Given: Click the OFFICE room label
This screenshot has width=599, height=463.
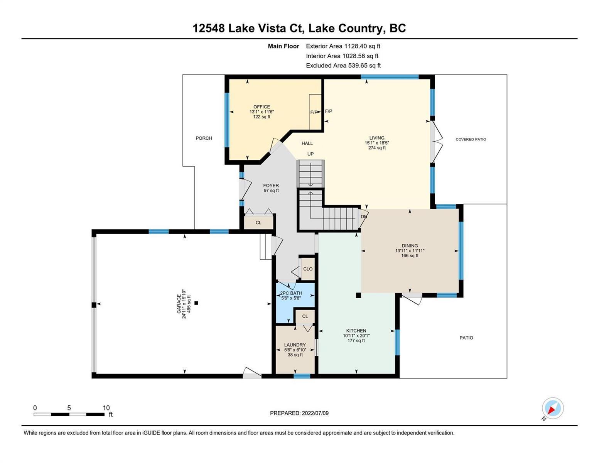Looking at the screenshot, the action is click(262, 107).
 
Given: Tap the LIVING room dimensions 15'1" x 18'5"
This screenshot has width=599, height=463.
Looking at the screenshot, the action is click(376, 143).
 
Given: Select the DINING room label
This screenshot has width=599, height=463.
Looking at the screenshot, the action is click(410, 245).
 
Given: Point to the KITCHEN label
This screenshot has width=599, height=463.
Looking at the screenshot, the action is click(356, 330).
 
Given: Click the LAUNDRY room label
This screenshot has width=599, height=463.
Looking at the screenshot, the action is click(295, 345).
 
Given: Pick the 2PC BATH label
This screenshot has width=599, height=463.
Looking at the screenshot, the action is click(291, 293).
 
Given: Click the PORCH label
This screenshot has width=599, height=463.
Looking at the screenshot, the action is click(204, 138).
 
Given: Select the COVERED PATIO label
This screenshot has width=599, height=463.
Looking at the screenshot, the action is click(471, 139).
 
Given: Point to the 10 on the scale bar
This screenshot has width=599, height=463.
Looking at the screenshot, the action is click(106, 407).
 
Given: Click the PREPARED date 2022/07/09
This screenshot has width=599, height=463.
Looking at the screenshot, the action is click(315, 413).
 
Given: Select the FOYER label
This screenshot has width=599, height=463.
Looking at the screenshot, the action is click(271, 186).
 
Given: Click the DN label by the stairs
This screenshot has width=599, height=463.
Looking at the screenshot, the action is click(364, 216).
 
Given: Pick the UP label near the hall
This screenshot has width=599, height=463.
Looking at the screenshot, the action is click(310, 154).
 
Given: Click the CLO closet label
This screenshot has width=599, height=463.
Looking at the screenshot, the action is click(308, 269).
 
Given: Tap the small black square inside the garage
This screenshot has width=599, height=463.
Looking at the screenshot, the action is click(196, 303).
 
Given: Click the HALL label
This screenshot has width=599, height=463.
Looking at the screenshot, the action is click(307, 144).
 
